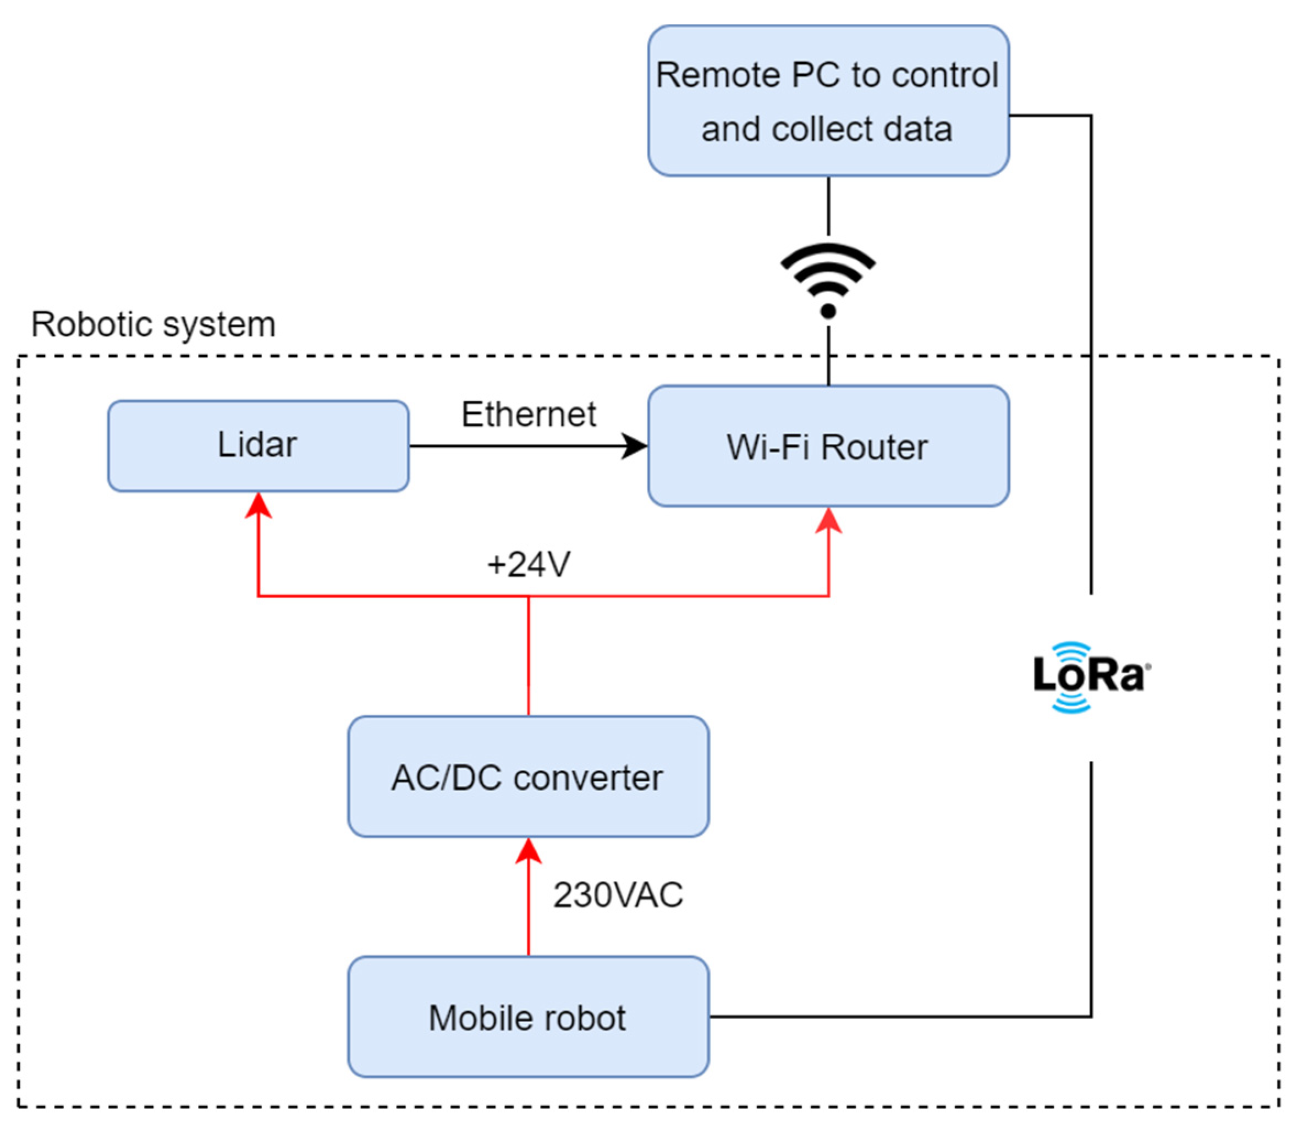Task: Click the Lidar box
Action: [258, 446]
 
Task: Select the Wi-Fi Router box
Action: [828, 446]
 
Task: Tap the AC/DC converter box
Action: [528, 777]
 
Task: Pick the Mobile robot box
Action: [528, 1017]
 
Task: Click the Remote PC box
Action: [828, 101]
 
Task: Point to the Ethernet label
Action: [529, 414]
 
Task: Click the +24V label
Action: [529, 564]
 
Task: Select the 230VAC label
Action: [618, 895]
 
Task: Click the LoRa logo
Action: [1091, 676]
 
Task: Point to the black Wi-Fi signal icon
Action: [828, 279]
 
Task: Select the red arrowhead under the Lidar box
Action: [258, 506]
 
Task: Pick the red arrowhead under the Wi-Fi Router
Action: [828, 521]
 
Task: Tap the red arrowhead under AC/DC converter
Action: [529, 851]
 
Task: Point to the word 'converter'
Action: [588, 778]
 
